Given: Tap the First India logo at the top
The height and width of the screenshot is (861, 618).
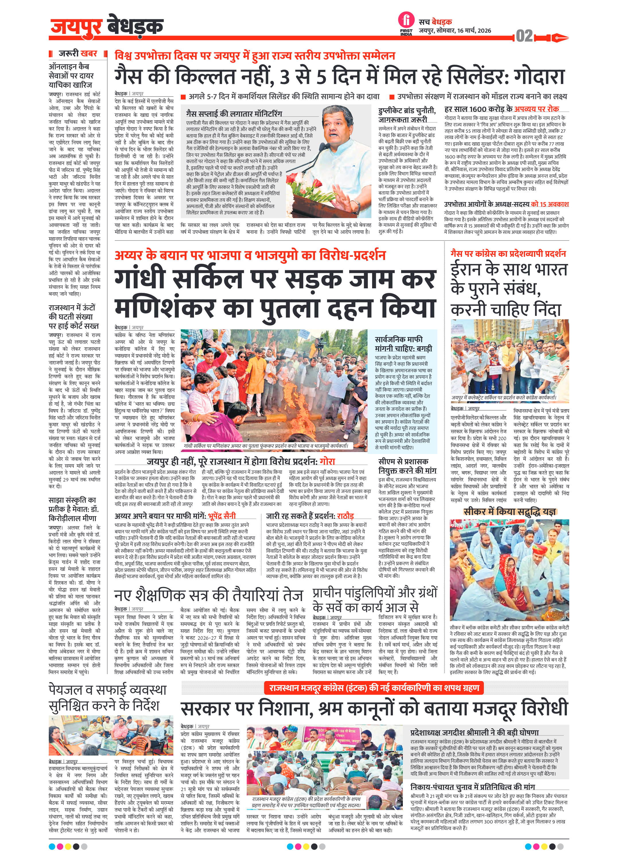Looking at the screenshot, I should pyautogui.click(x=406, y=22).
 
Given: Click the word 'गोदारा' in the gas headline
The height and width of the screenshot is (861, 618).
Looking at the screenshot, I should pyautogui.click(x=539, y=76).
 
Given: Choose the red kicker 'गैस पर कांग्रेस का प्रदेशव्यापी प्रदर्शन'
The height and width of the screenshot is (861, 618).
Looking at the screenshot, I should pyautogui.click(x=508, y=254).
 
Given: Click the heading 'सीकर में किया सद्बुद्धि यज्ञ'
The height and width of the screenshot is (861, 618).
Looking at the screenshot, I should pyautogui.click(x=509, y=512).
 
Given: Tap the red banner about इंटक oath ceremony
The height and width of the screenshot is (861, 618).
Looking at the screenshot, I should pyautogui.click(x=374, y=688).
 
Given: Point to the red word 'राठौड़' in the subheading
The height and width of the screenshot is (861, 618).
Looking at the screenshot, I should pyautogui.click(x=345, y=516).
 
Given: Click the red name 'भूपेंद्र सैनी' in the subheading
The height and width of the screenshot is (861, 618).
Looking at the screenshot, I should pyautogui.click(x=221, y=516).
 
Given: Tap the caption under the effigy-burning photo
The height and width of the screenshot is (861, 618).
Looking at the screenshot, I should pyautogui.click(x=265, y=446).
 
